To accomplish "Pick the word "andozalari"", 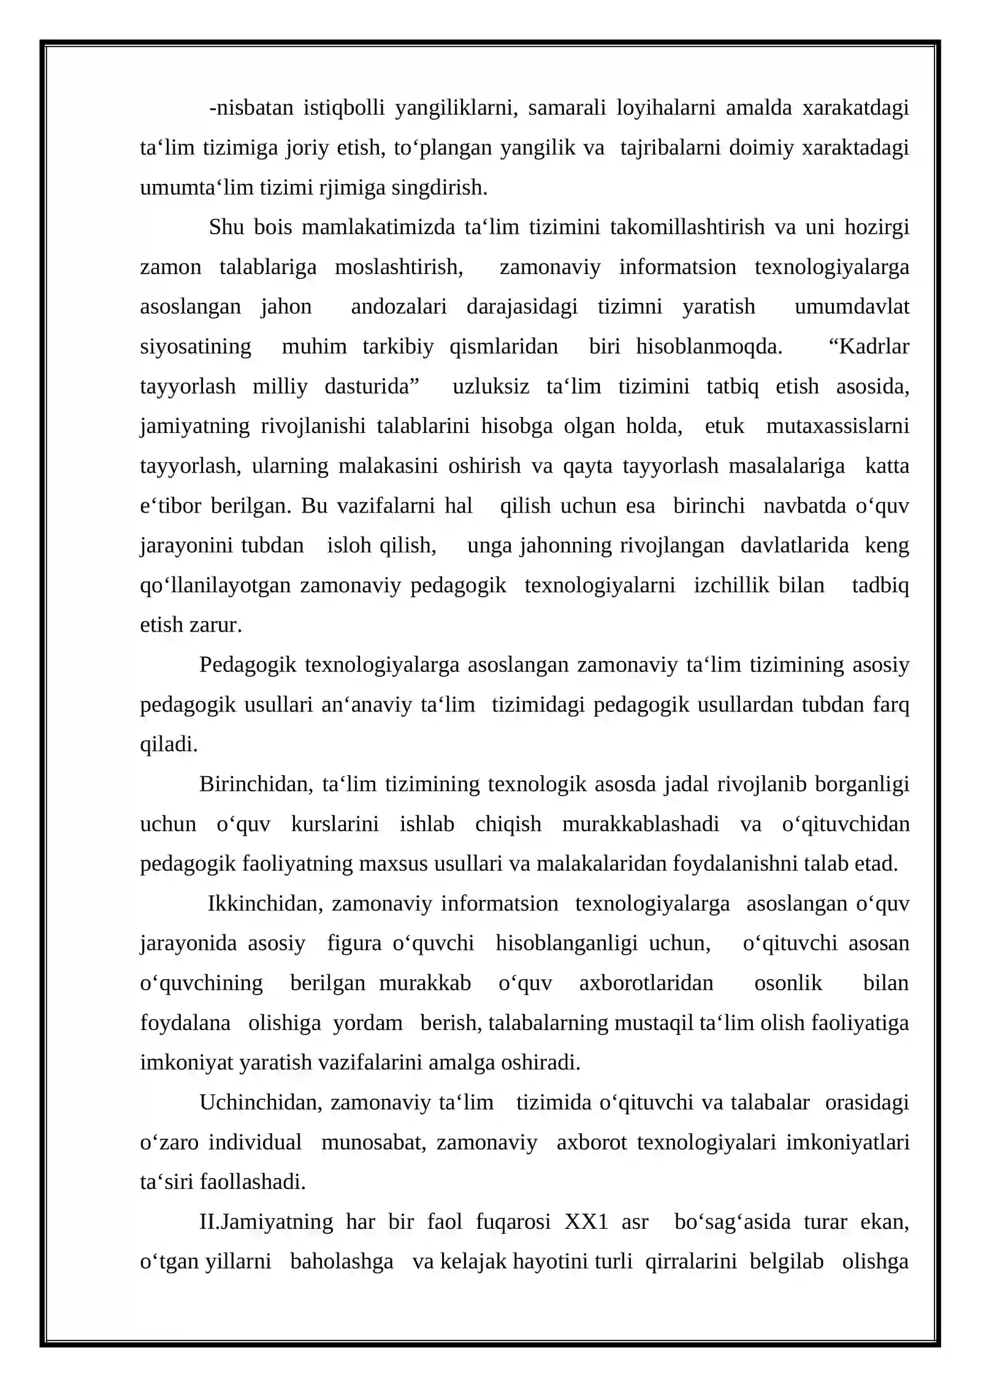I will pyautogui.click(x=399, y=307).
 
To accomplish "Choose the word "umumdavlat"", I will pyautogui.click(x=852, y=307).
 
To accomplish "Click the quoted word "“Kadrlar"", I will pyautogui.click(x=868, y=346).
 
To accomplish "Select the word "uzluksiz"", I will pyautogui.click(x=490, y=386).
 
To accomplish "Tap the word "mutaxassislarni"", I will pyautogui.click(x=838, y=426).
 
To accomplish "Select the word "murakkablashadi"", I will pyautogui.click(x=640, y=824).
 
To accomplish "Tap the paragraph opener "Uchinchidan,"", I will pyautogui.click(x=261, y=1102).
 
